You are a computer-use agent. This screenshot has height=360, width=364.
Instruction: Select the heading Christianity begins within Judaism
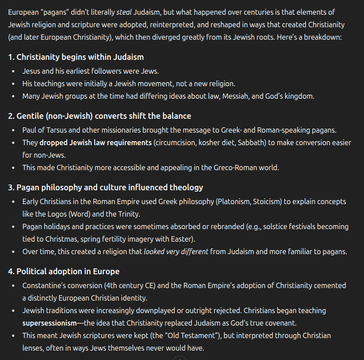[80, 57]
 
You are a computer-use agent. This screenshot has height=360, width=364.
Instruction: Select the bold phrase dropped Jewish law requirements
[95, 142]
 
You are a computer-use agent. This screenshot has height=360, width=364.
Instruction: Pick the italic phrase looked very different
[176, 251]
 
